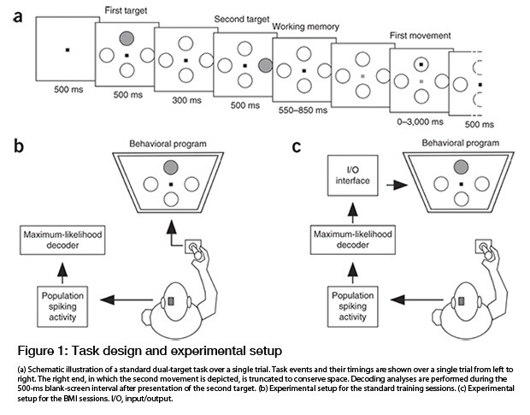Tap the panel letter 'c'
click(x=297, y=146)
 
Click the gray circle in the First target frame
click(x=127, y=38)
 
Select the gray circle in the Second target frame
click(x=265, y=65)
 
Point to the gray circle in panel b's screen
click(x=173, y=168)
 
